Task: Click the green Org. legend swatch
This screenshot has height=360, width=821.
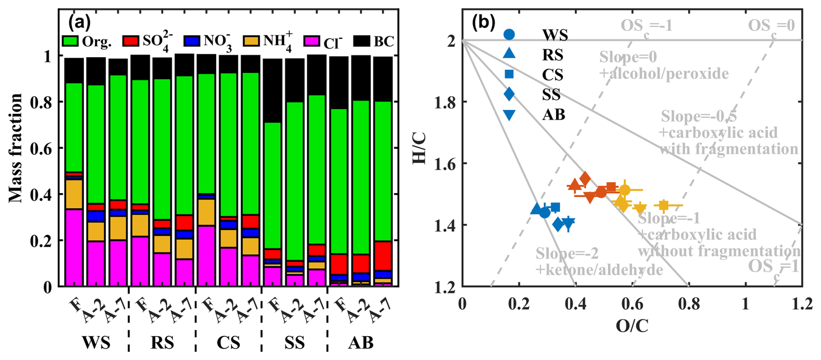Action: coord(70,41)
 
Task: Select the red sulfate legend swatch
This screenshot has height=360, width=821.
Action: coord(130,41)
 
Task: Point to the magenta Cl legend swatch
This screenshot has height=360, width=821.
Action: coord(312,41)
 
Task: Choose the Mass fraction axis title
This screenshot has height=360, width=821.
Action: coord(15,148)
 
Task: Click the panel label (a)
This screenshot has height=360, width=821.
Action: coord(79,21)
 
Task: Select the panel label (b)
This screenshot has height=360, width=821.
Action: coord(484,22)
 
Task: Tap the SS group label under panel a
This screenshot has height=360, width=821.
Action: coord(294,343)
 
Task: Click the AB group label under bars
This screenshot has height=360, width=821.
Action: coord(361,343)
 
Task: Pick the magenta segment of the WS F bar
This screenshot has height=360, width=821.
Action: coord(74,248)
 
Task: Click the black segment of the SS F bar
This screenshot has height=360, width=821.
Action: coord(273,91)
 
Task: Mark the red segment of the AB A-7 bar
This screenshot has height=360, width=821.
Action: coord(383,256)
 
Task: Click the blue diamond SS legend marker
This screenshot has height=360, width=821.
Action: coord(509,94)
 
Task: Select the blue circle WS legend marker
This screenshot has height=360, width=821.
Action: coord(509,34)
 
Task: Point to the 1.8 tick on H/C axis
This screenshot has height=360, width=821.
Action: coord(445,102)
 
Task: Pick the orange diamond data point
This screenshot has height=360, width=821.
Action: coord(585,178)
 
